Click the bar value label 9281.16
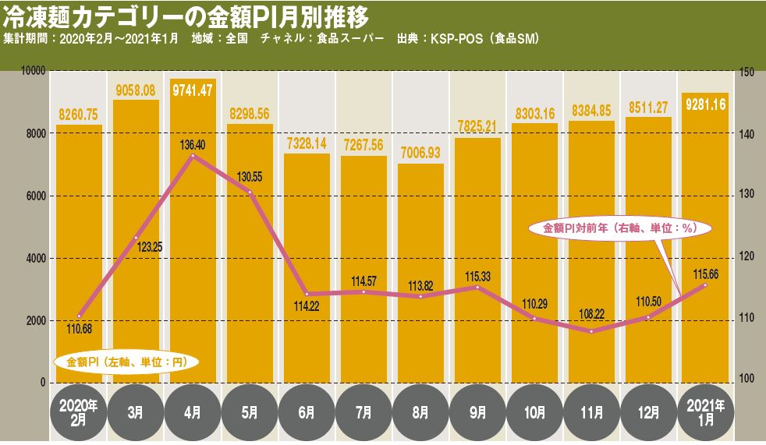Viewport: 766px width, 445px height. click(x=706, y=103)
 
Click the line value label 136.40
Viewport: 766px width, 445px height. click(x=193, y=145)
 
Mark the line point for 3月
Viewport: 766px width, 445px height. click(x=136, y=237)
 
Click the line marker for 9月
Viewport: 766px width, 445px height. click(x=477, y=287)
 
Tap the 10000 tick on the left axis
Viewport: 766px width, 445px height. click(x=34, y=72)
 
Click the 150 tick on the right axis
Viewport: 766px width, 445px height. click(x=746, y=72)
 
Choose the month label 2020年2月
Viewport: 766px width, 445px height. click(x=78, y=411)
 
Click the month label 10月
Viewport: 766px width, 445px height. click(x=534, y=411)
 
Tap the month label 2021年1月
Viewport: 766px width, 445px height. click(x=706, y=411)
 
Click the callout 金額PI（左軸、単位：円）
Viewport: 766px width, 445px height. click(x=125, y=362)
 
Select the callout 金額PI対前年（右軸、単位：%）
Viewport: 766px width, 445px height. click(x=618, y=228)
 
